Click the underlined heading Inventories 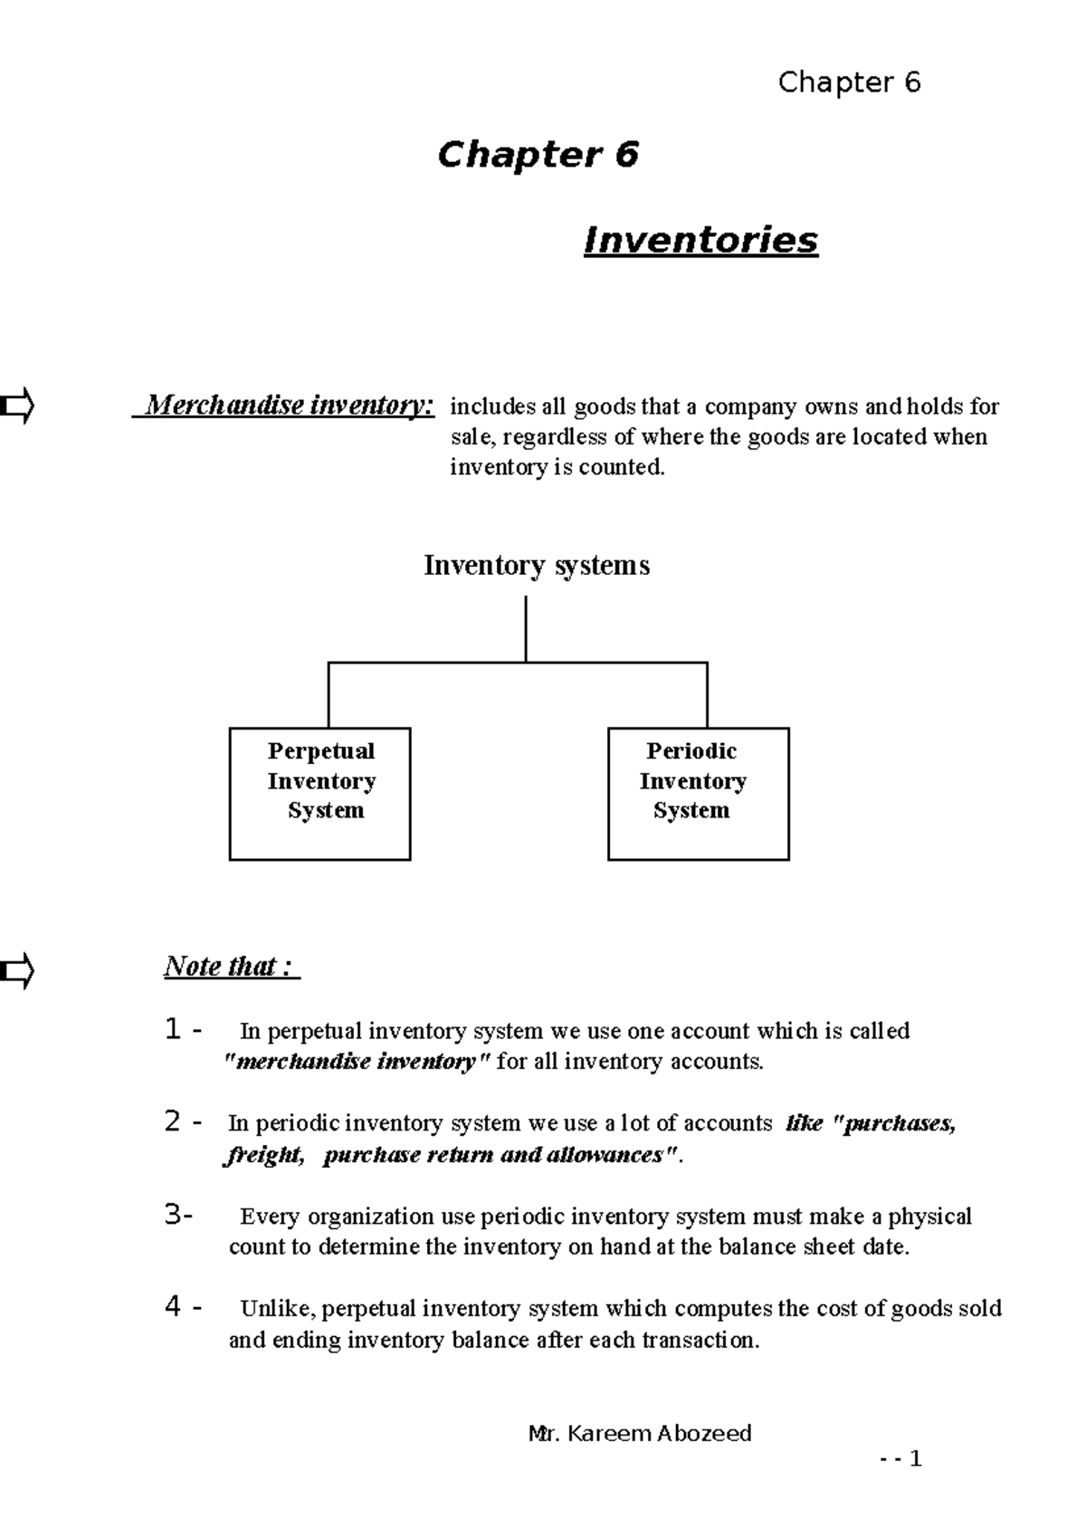coord(700,241)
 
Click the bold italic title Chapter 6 coord(538,155)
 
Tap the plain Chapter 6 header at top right coord(849,82)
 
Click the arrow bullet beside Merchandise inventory coord(17,406)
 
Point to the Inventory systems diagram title coord(537,566)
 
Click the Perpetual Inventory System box coord(319,793)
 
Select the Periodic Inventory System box coord(698,793)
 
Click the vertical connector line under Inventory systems coord(526,628)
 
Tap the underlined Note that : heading coord(230,967)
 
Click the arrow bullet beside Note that coord(17,971)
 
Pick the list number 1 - coord(183,1030)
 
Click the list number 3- coord(179,1216)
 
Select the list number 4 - coord(183,1307)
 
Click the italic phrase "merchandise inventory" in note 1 coord(357,1062)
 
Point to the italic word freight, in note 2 coord(263,1155)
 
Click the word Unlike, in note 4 coord(278,1309)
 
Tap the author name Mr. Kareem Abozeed coord(639,1434)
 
